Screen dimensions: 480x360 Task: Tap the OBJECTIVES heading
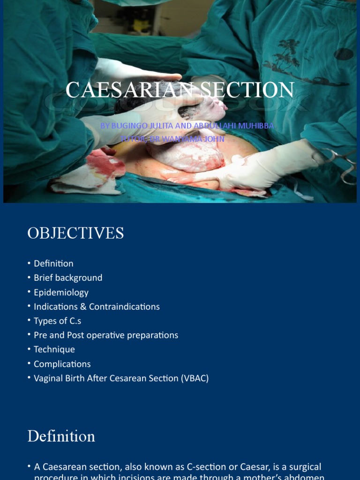point(75,233)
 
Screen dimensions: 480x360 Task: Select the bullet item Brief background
point(68,277)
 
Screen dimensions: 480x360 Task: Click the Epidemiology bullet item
point(61,292)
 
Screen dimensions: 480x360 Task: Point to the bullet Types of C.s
point(57,321)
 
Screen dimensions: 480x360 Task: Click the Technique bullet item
point(54,350)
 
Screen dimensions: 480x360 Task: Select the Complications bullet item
point(62,364)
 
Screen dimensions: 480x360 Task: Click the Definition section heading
point(61,436)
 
